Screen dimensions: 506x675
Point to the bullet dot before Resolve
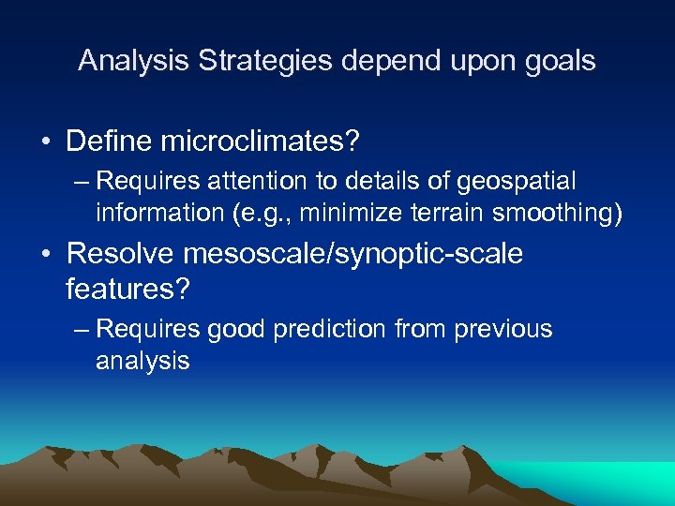[45, 254]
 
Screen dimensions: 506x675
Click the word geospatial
[521, 181]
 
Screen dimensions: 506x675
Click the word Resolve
[123, 253]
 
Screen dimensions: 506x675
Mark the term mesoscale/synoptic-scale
[357, 254]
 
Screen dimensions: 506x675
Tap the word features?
[127, 290]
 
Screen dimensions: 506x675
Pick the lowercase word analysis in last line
[142, 361]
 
